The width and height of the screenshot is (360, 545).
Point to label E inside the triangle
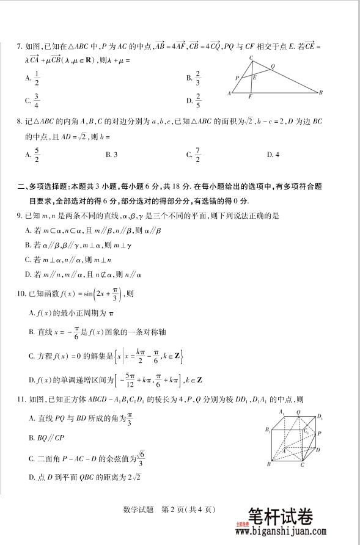(x=254, y=78)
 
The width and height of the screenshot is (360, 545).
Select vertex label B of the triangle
(x=321, y=92)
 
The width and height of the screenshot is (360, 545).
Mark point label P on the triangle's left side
(x=237, y=78)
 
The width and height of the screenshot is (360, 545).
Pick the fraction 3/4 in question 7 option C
(x=37, y=100)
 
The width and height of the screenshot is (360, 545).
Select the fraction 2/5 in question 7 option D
(x=198, y=100)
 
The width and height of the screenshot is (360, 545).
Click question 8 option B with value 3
(x=111, y=155)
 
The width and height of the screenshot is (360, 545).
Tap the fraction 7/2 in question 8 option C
(x=197, y=155)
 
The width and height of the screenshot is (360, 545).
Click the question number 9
(x=19, y=216)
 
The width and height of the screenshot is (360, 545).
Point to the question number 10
(x=21, y=293)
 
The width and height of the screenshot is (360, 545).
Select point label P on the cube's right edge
(x=320, y=433)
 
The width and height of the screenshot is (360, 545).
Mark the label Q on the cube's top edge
(x=298, y=412)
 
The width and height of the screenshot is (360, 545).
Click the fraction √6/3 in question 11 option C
(x=140, y=457)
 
